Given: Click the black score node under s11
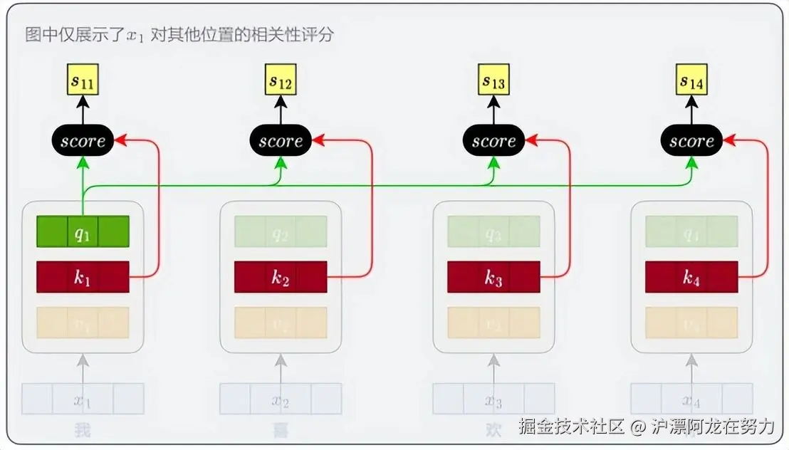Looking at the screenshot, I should [x=83, y=141].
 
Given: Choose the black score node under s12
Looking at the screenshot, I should [x=281, y=141].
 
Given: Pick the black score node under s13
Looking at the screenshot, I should [x=493, y=141].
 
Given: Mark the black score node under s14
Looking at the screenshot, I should [x=691, y=141].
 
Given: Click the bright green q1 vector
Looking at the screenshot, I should [x=83, y=231].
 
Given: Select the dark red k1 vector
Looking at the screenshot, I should [x=83, y=277].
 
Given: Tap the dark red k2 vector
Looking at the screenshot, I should [x=281, y=277].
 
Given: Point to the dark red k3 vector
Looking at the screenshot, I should [x=493, y=277].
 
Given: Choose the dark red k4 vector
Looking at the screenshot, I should [x=691, y=277].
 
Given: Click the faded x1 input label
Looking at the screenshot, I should [x=83, y=399].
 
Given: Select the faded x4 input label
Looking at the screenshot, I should [x=691, y=399].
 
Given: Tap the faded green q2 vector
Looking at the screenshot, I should [x=281, y=231].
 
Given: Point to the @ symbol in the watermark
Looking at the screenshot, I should [x=638, y=427].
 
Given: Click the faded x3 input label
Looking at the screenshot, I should [x=493, y=399].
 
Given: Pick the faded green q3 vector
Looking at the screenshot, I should [x=493, y=231].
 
